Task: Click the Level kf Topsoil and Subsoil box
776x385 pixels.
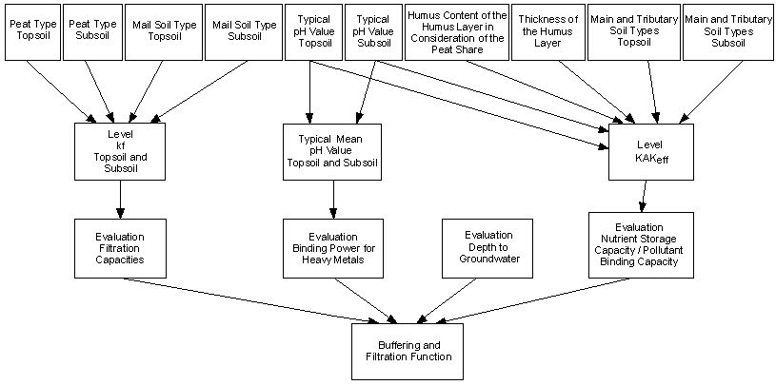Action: [x=120, y=151]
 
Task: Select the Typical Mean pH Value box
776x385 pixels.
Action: [x=332, y=151]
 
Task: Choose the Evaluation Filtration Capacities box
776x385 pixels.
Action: [x=120, y=246]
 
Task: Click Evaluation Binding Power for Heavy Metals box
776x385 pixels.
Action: [x=332, y=246]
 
